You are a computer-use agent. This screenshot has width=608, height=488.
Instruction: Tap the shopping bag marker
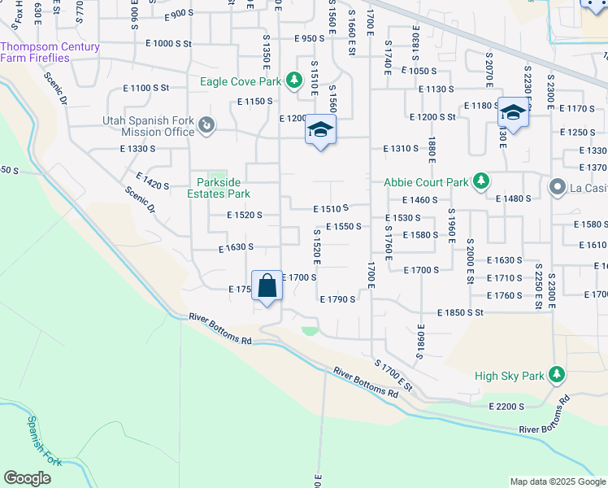(267, 286)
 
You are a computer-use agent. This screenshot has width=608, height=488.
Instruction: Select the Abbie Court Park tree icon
(481, 181)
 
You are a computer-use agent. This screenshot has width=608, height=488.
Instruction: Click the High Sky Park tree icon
(556, 375)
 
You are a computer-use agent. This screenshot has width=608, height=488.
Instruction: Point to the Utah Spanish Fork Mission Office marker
(206, 125)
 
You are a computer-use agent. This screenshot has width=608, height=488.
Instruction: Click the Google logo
(27, 478)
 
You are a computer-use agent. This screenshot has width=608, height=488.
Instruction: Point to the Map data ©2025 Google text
(557, 481)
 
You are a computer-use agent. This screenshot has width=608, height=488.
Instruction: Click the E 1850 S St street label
(460, 312)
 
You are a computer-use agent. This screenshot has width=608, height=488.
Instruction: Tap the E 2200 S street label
(510, 406)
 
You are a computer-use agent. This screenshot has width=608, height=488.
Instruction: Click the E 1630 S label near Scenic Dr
(237, 246)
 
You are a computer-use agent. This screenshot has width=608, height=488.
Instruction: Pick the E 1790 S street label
(337, 299)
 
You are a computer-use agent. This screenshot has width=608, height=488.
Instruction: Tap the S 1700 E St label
(394, 376)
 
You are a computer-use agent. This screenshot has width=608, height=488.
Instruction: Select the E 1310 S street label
(400, 149)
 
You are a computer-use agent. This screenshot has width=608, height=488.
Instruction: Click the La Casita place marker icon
(557, 188)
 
